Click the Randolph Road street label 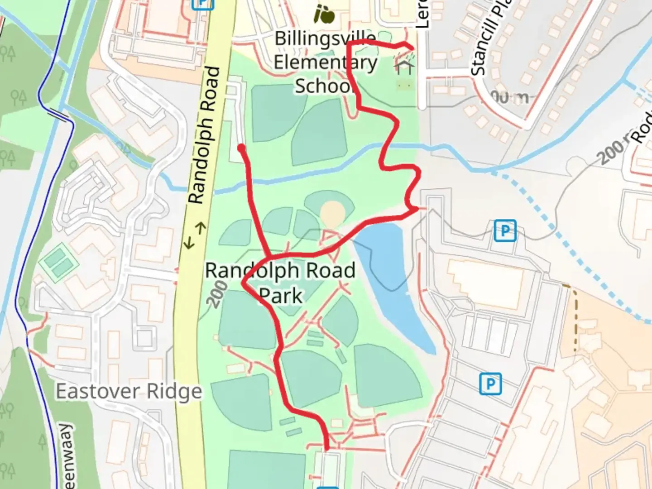click(205, 136)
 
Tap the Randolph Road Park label click(280, 283)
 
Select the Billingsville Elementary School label click(325, 62)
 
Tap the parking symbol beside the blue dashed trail click(505, 230)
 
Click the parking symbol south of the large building click(490, 384)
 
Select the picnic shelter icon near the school click(404, 67)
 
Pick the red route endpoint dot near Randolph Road click(242, 148)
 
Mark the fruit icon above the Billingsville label click(325, 14)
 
